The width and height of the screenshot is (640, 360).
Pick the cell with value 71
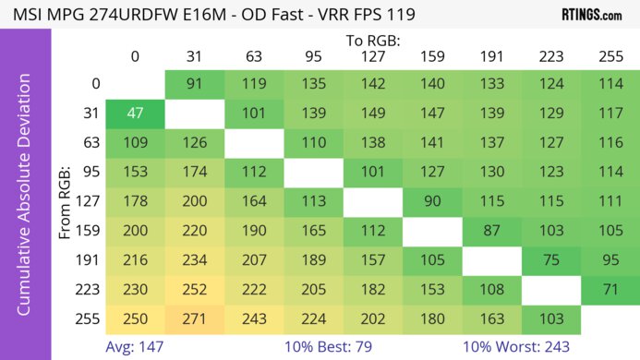click(x=610, y=289)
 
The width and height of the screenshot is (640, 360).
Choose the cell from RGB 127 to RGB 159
click(x=431, y=201)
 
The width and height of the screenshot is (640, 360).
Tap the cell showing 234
click(x=194, y=259)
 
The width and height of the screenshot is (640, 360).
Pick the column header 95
click(x=313, y=57)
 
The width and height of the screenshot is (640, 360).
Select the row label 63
click(x=91, y=143)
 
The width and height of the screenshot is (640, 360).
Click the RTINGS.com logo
click(x=591, y=15)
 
